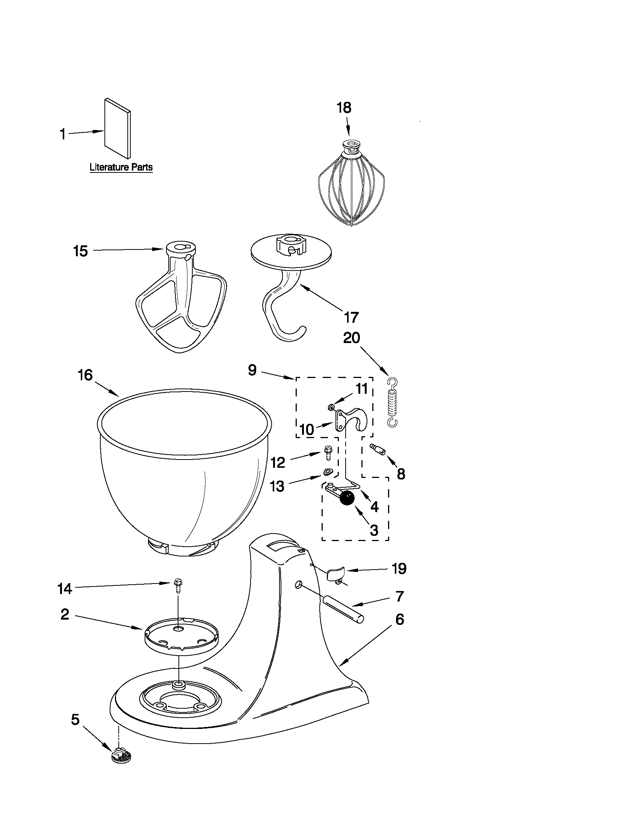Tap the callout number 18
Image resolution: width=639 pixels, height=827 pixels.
tap(344, 108)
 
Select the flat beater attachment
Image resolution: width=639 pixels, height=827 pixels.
tap(181, 299)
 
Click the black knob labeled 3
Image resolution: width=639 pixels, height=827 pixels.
tap(347, 497)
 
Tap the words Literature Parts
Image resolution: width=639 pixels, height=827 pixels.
tap(121, 167)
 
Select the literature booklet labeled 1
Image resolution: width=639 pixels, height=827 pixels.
tap(117, 128)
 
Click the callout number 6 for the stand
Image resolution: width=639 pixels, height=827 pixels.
tap(399, 620)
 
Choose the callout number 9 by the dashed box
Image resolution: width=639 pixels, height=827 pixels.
tap(252, 370)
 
